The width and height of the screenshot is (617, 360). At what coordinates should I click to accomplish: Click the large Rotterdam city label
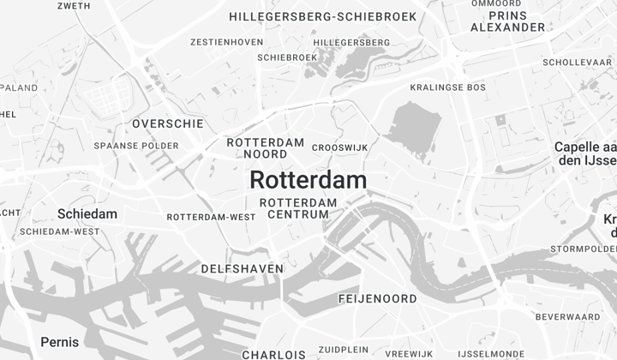[308, 181]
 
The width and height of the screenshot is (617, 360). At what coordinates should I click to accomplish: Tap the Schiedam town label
[87, 213]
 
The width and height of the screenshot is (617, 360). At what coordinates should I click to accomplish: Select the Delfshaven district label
[242, 269]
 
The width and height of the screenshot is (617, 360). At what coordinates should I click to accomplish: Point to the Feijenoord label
[378, 299]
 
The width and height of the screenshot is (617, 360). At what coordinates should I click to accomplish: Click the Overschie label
[168, 123]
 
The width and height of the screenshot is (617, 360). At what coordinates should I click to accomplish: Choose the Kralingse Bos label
[447, 87]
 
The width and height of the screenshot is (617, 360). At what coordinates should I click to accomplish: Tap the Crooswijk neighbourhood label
[339, 147]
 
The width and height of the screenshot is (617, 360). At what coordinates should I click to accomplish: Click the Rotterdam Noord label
[266, 148]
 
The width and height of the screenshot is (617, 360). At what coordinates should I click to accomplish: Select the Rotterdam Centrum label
[298, 208]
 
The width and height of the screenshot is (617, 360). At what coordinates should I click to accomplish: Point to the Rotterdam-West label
[211, 217]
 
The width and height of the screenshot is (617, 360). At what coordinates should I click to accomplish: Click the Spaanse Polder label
[136, 146]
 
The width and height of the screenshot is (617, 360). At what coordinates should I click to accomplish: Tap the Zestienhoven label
[215, 41]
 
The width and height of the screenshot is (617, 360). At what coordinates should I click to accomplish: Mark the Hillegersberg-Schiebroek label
[323, 16]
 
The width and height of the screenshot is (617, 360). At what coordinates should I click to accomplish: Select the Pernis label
[60, 342]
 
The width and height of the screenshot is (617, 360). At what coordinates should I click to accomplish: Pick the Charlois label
[273, 354]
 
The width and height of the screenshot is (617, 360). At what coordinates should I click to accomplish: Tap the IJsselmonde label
[491, 353]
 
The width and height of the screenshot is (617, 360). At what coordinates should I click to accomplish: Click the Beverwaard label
[567, 317]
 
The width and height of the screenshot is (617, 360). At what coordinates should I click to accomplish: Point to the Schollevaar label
[577, 63]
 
